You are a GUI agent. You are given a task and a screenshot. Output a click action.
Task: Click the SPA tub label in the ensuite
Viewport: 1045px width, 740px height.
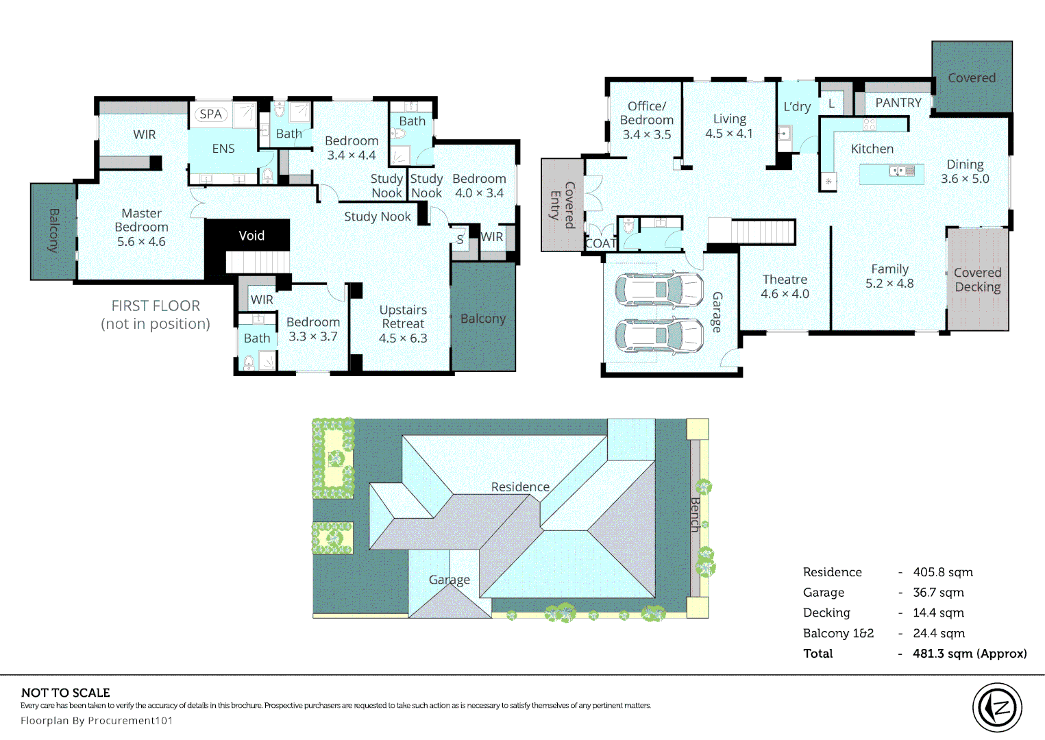(211, 114)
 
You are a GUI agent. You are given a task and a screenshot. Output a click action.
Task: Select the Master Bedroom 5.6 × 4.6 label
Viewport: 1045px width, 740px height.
(141, 227)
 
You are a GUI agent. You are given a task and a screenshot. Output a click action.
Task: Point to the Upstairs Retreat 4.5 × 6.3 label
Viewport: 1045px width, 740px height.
(403, 324)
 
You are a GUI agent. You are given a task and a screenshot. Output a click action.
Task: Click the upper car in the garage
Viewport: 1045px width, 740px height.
(659, 289)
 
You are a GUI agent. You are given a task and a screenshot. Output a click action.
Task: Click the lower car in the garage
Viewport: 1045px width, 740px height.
(659, 336)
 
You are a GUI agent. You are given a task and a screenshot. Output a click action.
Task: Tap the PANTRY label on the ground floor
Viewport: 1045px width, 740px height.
(898, 103)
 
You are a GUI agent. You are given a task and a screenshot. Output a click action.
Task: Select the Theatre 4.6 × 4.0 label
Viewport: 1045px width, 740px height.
(785, 286)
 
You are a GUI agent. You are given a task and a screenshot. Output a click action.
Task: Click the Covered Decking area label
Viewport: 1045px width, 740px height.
(977, 280)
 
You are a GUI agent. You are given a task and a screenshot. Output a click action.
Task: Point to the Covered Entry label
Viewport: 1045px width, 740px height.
(563, 206)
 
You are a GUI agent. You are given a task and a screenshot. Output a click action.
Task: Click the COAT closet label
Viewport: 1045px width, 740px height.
(601, 243)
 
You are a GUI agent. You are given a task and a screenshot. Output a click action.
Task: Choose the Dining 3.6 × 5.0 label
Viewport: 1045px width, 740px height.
(965, 171)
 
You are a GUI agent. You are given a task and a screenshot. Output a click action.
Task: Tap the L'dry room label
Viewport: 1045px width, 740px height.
(797, 107)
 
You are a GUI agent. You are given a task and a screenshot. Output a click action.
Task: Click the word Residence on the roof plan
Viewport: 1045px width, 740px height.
(520, 486)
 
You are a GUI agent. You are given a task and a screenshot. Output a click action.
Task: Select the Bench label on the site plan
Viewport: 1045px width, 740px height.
(695, 515)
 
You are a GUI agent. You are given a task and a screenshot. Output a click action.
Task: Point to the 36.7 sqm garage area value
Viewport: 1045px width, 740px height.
(938, 593)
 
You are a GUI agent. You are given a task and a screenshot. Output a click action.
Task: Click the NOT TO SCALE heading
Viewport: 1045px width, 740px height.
(66, 693)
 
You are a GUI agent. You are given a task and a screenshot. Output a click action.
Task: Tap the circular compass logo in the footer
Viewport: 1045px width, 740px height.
(997, 708)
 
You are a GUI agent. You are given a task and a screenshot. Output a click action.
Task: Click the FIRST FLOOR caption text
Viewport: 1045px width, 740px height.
(156, 306)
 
